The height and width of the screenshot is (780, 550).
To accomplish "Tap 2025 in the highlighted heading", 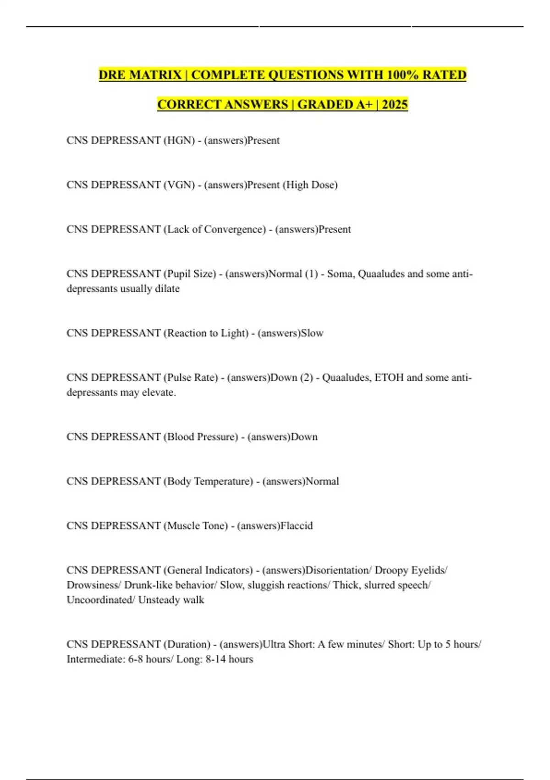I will point(395,105).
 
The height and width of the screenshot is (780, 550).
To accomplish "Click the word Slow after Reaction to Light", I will point(312,333).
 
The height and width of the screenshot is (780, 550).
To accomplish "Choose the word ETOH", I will point(389,378).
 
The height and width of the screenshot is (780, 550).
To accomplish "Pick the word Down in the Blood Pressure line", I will point(304,437).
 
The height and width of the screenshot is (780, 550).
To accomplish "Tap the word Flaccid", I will point(297,526).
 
